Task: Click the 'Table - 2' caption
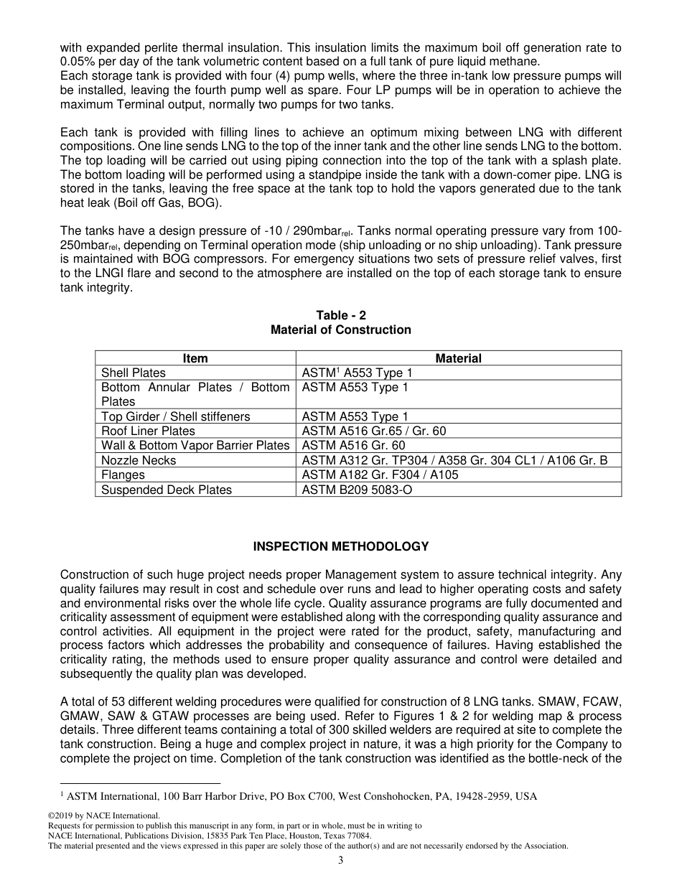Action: click(341, 315)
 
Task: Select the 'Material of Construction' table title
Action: click(341, 330)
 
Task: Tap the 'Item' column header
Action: click(195, 358)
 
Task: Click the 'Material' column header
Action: click(458, 358)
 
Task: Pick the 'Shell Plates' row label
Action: click(134, 373)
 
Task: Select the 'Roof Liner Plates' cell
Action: click(148, 431)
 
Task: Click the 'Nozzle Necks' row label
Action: click(139, 460)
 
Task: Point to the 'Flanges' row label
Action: click(123, 475)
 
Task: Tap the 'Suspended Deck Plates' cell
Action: click(167, 490)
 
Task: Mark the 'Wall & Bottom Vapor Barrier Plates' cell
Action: click(195, 445)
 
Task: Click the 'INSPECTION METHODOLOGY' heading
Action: click(341, 546)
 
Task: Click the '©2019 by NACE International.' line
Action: click(103, 816)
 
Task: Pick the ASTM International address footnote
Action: click(302, 795)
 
